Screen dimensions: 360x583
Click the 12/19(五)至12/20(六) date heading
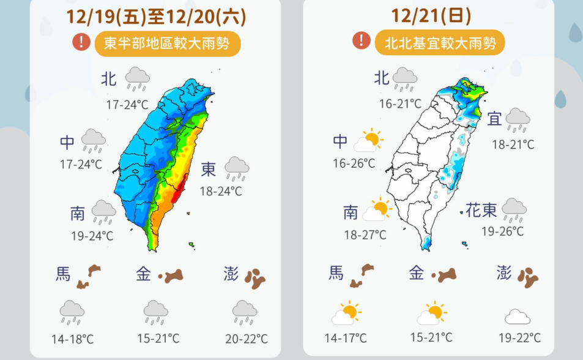coord(156,17)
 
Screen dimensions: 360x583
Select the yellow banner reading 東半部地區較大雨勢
coord(167,43)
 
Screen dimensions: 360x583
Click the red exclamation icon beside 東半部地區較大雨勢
coord(81,42)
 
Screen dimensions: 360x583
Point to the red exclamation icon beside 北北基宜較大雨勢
coord(362,41)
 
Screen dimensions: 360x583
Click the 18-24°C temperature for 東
coord(221,192)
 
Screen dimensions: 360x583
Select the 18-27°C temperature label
coord(365,234)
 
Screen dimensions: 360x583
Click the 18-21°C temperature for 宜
coord(513,144)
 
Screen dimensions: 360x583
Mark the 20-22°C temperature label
coord(247,339)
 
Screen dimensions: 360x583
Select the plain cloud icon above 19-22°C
coord(518,317)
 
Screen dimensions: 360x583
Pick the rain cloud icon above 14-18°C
coord(72,312)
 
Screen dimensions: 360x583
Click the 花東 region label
coord(481,211)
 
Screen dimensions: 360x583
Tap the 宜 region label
coord(494,119)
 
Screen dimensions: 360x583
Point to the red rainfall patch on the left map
coord(177,195)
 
